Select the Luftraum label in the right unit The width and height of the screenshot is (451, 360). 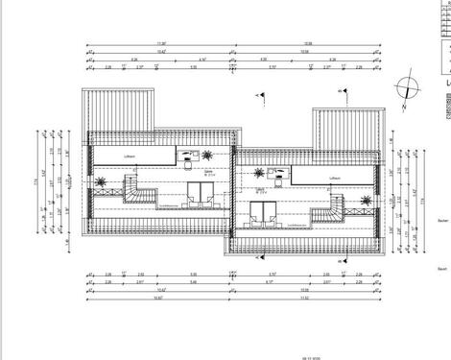pos(335,179)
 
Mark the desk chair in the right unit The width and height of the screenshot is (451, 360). pos(271,173)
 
